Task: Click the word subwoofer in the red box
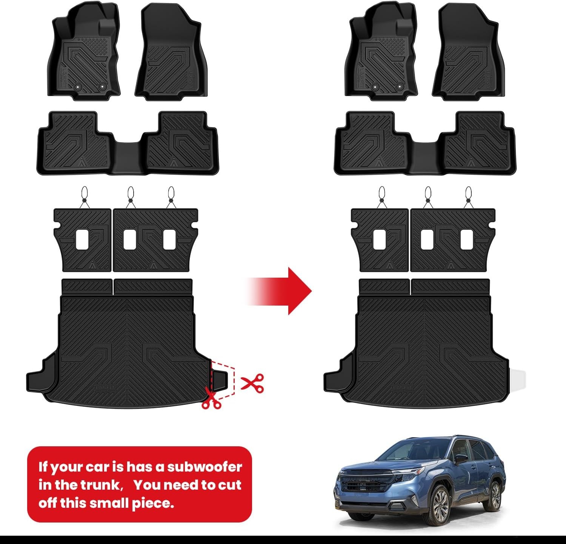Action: (204, 467)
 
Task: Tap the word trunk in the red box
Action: (98, 485)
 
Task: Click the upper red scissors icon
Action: (252, 384)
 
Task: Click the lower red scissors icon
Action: (211, 398)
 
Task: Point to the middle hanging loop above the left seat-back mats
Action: (131, 196)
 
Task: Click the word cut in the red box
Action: (229, 485)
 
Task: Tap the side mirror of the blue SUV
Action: (461, 459)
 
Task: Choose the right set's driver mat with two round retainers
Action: (381, 51)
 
